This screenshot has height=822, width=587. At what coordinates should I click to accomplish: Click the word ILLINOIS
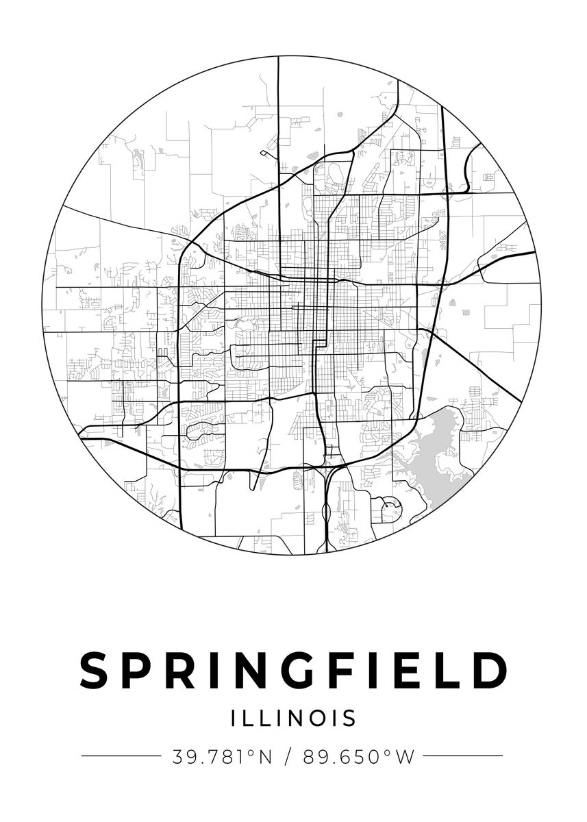pos(294,718)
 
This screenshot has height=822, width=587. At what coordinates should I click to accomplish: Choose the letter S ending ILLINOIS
pos(350,718)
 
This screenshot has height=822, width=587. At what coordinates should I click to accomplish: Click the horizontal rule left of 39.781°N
pos(121,756)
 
